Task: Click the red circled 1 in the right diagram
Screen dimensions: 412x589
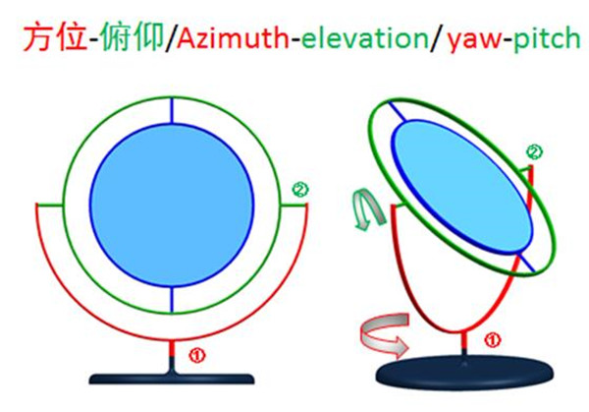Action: click(x=494, y=341)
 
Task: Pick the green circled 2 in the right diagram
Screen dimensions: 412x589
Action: click(x=533, y=152)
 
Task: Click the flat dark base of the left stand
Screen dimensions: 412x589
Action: click(x=172, y=378)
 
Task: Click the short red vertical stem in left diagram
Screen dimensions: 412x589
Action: click(x=172, y=352)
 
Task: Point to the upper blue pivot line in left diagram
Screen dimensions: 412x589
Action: click(x=172, y=109)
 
